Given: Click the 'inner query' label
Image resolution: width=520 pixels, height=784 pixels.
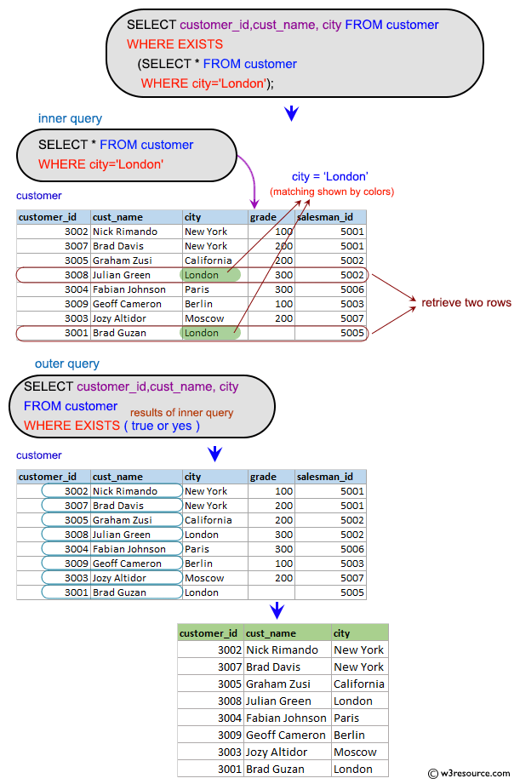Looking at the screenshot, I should (70, 118).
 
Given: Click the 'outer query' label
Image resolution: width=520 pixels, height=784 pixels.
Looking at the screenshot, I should (67, 363).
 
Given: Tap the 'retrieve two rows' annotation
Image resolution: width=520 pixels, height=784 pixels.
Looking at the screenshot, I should (466, 302).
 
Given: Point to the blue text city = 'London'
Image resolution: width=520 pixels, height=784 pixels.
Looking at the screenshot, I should (329, 176).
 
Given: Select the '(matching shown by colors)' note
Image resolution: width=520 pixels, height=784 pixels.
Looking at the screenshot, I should (332, 192).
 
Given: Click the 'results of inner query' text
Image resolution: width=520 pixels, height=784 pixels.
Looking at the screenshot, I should (188, 413).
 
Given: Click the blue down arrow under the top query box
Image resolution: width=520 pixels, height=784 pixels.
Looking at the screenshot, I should (291, 112).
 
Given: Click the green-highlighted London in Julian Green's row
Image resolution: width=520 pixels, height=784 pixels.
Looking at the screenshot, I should (202, 275).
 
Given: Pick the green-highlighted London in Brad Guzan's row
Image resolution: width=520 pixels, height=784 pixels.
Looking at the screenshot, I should (202, 333).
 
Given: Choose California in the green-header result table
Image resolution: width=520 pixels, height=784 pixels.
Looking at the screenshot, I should (359, 684).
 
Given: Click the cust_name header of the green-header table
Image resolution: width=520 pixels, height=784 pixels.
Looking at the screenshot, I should (271, 632).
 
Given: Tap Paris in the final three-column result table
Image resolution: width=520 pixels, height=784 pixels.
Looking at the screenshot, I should (346, 718).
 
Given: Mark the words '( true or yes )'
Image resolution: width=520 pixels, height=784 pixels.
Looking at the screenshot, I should (162, 426).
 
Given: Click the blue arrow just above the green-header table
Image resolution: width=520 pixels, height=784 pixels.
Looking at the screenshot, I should (277, 610).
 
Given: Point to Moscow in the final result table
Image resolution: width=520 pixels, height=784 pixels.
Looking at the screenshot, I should (355, 752).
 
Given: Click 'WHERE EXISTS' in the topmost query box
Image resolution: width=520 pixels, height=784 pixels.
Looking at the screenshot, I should (174, 44).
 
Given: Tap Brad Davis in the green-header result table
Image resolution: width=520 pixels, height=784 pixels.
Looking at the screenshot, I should (273, 667).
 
